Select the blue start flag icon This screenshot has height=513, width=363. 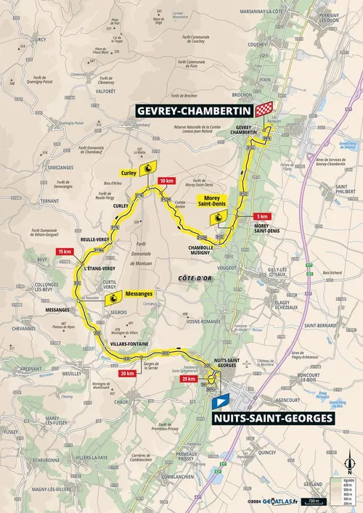pyautogui.click(x=224, y=400)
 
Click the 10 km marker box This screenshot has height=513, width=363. pyautogui.click(x=166, y=181)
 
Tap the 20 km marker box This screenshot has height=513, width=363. pyautogui.click(x=126, y=374)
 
